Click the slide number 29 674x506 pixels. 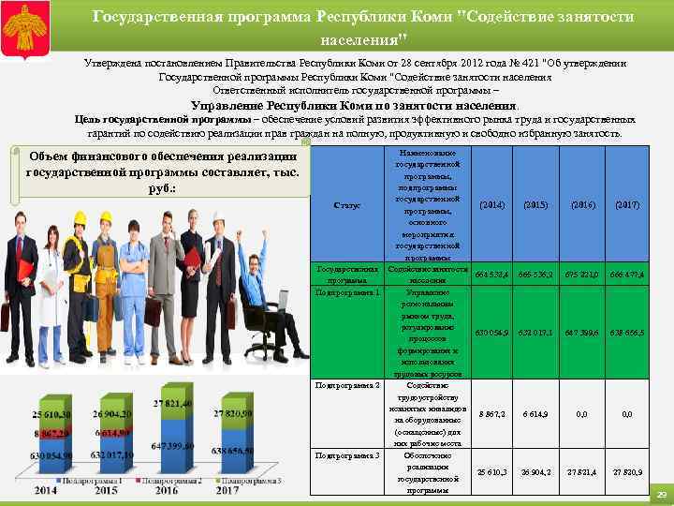pyautogui.click(x=661, y=494)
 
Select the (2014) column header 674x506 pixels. pyautogui.click(x=493, y=204)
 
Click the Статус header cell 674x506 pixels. pyautogui.click(x=347, y=205)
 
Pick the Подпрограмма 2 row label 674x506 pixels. pyautogui.click(x=347, y=385)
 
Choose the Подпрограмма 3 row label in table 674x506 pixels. pyautogui.click(x=347, y=455)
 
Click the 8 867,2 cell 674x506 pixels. pyautogui.click(x=493, y=413)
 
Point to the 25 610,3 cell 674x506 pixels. pyautogui.click(x=493, y=472)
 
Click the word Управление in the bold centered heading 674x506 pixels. pyautogui.click(x=229, y=106)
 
